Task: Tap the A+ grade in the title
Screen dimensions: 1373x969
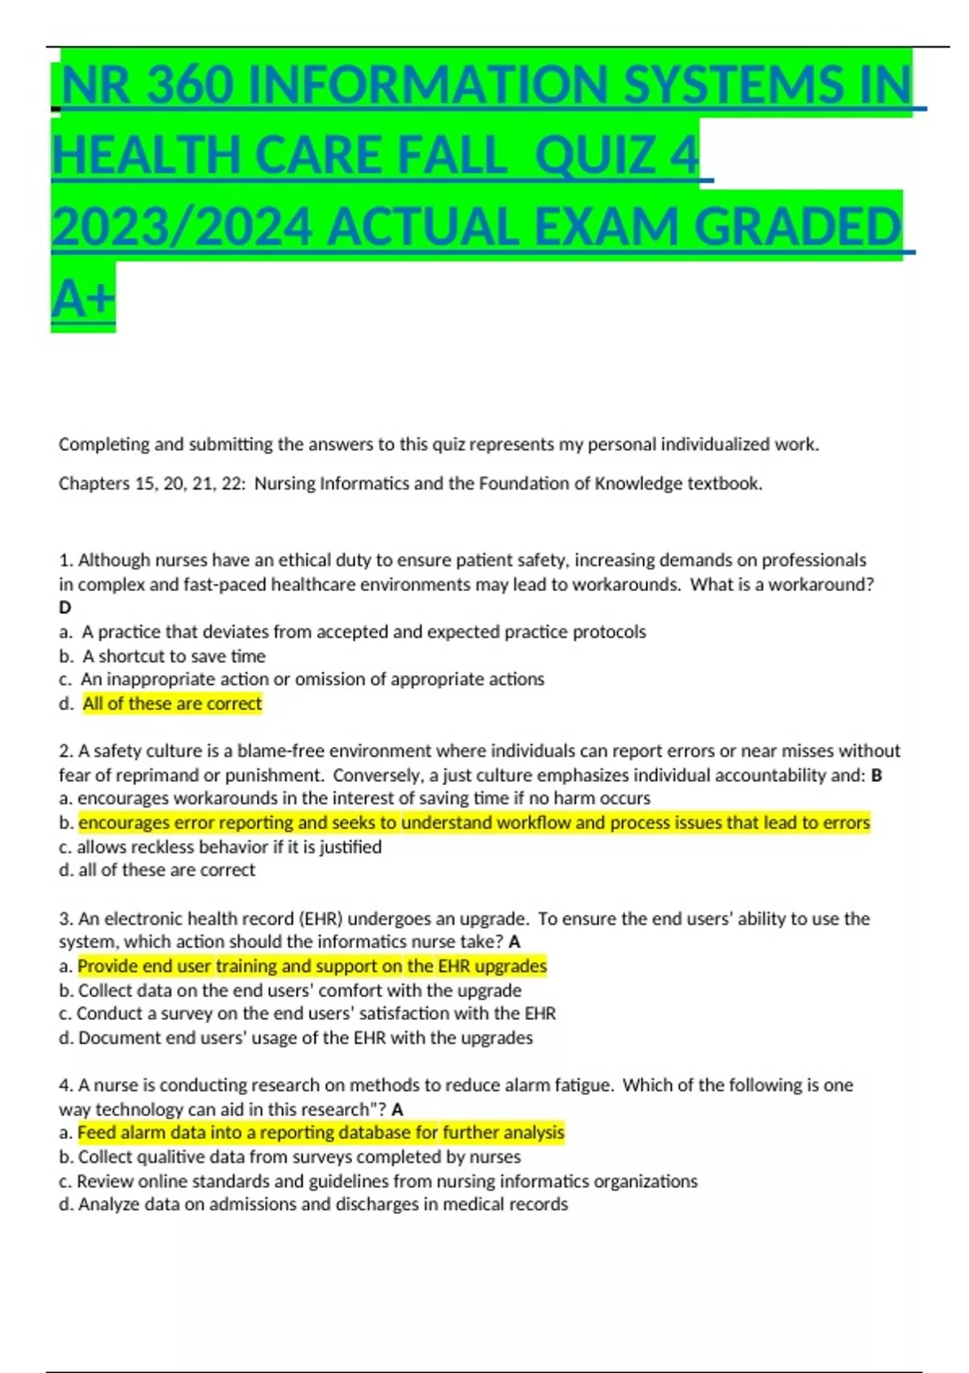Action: coord(83,297)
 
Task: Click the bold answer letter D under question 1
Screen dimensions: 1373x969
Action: coord(65,607)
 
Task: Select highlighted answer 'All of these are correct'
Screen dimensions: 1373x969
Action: coord(172,703)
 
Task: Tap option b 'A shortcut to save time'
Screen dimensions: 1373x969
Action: coord(173,656)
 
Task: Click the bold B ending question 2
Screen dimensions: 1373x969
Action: coord(876,775)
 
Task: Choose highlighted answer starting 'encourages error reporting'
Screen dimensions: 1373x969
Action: coord(474,822)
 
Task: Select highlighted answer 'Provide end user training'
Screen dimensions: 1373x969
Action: coord(312,966)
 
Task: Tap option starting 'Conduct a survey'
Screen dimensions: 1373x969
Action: coord(316,1013)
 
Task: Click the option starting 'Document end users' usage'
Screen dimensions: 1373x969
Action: coord(305,1037)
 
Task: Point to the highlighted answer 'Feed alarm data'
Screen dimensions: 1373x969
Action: coord(321,1132)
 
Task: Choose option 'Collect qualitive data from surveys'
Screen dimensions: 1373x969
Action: coord(299,1157)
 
